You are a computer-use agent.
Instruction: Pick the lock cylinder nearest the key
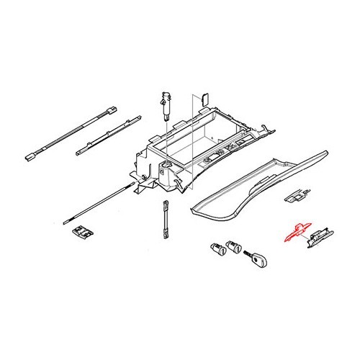[234, 249]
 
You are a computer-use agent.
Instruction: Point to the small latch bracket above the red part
[294, 195]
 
